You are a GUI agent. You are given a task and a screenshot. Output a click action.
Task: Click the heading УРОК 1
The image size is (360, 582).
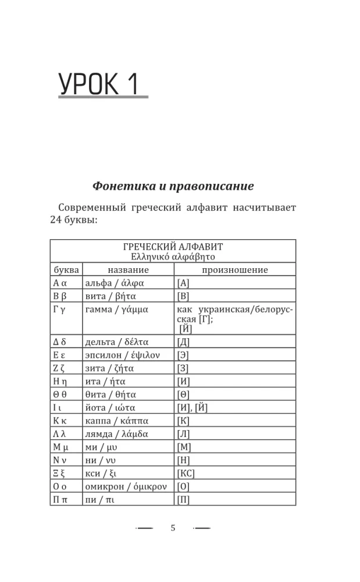coord(99,85)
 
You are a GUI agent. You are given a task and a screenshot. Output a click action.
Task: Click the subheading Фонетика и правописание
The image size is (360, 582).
coord(173,186)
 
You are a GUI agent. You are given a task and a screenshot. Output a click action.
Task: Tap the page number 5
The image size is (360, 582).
coord(173,528)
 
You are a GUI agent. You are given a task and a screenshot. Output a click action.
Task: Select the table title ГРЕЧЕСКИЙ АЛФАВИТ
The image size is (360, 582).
coord(173,247)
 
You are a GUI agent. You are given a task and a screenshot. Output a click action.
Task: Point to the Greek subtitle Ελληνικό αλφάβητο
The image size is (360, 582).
coord(173,256)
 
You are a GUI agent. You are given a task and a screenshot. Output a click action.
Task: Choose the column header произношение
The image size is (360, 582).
coord(235,270)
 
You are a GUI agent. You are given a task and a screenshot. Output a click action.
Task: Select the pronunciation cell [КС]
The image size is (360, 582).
coord(186,473)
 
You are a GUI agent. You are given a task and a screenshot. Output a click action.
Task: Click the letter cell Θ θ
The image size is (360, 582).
coord(61,395)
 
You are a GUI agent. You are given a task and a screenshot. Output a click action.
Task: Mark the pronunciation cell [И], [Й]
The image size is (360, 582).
coord(192,407)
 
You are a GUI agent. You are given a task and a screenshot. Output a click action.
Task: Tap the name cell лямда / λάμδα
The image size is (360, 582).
coord(116,434)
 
